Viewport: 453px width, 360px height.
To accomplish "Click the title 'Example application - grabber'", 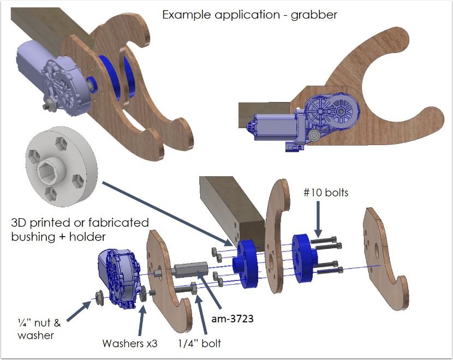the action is coord(249,15).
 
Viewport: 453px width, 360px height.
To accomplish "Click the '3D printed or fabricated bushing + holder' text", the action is coord(80,230).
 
